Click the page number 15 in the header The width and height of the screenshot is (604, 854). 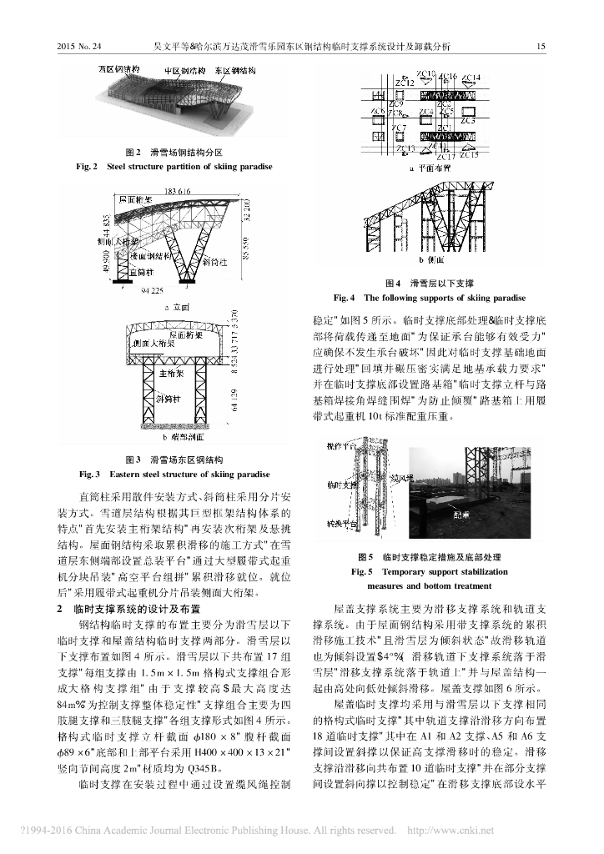(540, 47)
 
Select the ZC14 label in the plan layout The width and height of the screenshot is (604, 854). (471, 78)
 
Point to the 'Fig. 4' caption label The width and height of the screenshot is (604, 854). (345, 297)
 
